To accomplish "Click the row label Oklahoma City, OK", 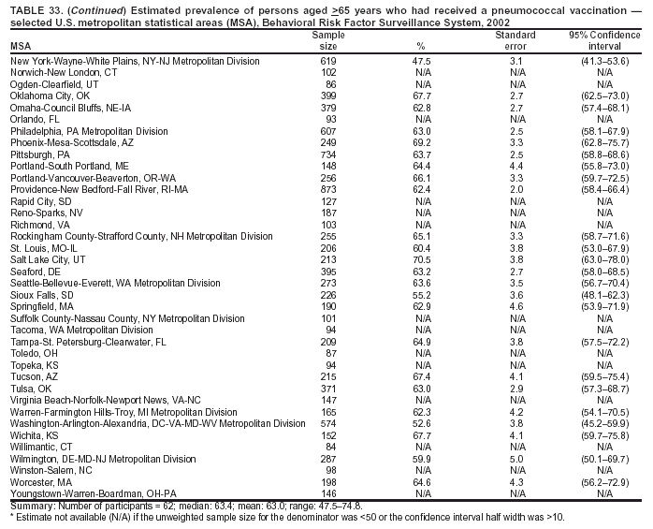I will [50, 96].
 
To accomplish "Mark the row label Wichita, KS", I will [35, 436].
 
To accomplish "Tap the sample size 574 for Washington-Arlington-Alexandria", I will [328, 424].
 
